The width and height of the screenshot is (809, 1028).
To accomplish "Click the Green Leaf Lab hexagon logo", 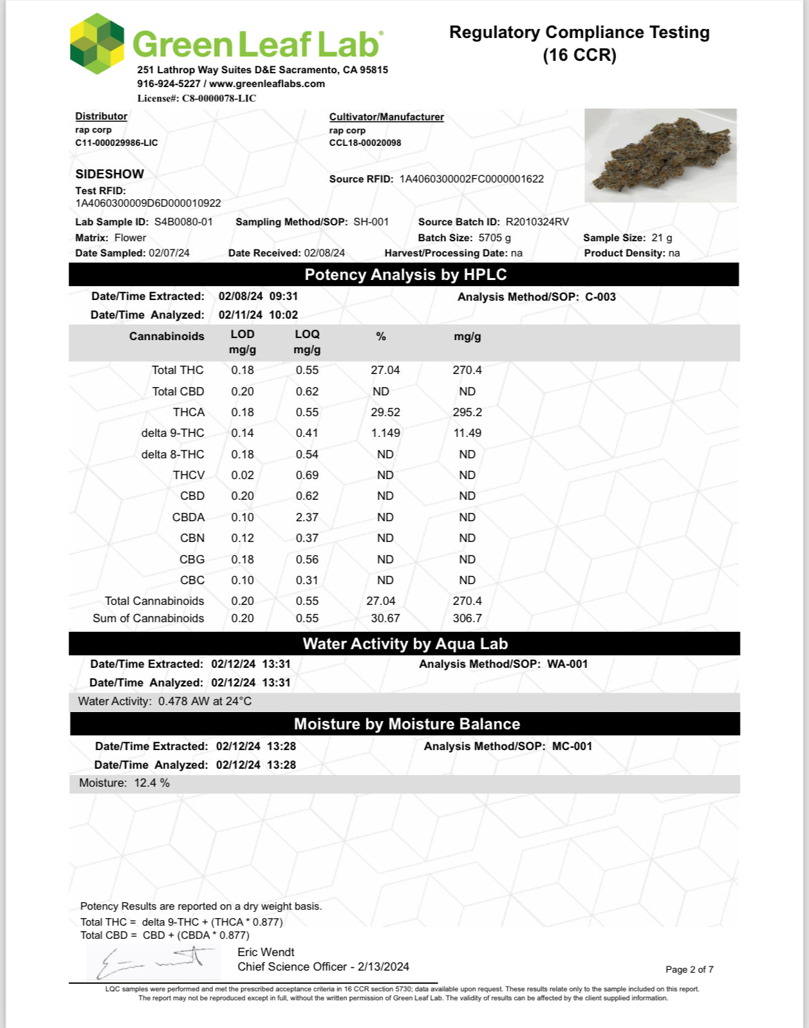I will click(97, 44).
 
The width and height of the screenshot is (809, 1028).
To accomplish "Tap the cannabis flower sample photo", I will click(660, 155).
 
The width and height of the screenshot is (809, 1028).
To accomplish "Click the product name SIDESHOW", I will click(110, 174).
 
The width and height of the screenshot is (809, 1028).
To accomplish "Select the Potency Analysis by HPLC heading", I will click(405, 274).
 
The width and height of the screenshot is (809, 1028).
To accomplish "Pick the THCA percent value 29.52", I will click(385, 412).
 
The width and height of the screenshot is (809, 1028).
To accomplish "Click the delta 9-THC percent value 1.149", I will click(385, 433).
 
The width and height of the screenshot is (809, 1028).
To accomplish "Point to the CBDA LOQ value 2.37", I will click(307, 517).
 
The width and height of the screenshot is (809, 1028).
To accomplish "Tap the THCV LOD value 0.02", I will click(242, 475).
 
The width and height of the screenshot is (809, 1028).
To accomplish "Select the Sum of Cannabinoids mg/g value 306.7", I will click(467, 618).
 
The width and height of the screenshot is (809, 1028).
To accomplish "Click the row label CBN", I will click(192, 538).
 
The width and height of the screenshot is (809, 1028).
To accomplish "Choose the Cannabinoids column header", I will click(167, 336).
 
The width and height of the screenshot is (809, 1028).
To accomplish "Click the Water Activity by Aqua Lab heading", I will click(405, 644).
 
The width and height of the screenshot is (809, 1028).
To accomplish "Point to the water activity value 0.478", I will click(173, 701).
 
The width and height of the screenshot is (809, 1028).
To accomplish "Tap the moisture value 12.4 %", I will click(151, 783).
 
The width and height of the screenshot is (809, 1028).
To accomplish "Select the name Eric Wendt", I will click(266, 952).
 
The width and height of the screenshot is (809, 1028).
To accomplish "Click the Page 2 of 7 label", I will click(689, 969).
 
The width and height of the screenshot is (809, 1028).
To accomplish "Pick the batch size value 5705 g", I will click(494, 238).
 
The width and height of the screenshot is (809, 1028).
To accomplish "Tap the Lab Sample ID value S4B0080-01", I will click(183, 222).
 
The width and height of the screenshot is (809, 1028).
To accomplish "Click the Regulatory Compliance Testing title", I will click(579, 32).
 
